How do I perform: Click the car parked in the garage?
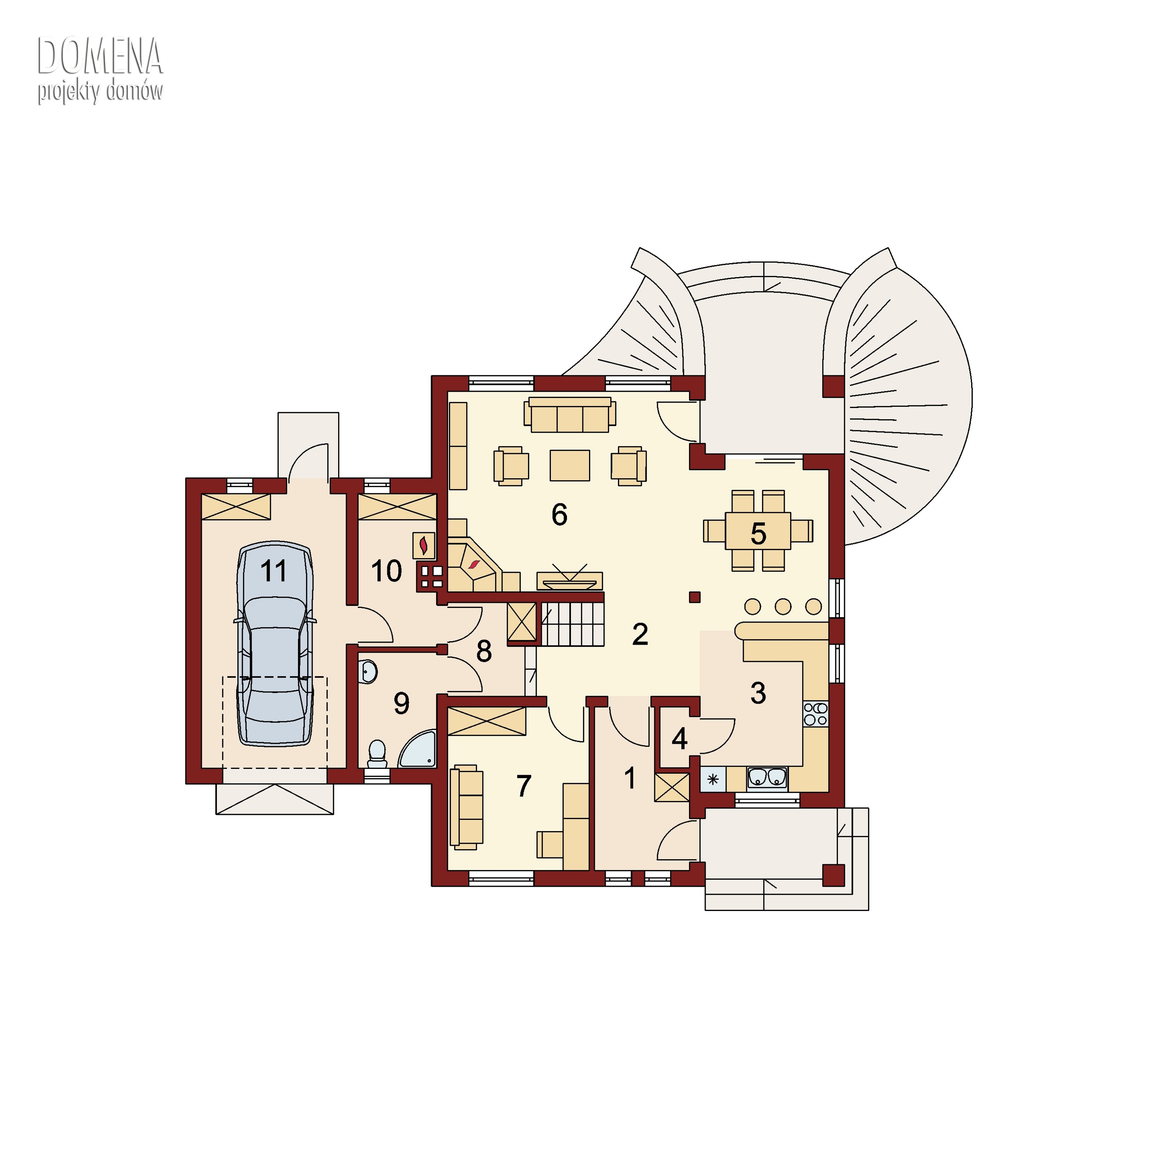(x=275, y=644)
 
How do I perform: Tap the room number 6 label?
(x=559, y=514)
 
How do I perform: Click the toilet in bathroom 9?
(x=377, y=754)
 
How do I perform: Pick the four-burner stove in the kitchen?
(x=816, y=714)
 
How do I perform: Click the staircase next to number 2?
(x=572, y=624)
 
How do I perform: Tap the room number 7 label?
(x=524, y=786)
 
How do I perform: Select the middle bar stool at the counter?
(x=783, y=606)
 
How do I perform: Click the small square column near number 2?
(x=695, y=597)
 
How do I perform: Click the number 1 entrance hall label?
(x=629, y=779)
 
